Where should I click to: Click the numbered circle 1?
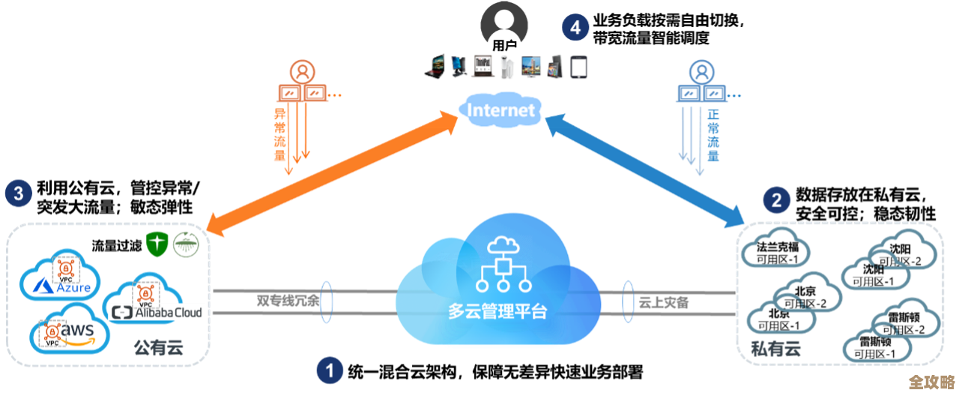pos(329,370)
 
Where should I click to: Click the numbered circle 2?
pos(776,199)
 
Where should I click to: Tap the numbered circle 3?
pos(18,194)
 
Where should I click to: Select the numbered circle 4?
pos(575,28)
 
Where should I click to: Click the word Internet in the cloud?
pos(501,111)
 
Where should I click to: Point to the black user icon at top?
pos(504,22)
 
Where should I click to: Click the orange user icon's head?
pos(303,71)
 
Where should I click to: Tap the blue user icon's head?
pos(701,71)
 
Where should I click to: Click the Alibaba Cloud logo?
pos(157,312)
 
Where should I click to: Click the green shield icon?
pos(156,244)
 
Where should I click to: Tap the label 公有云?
pos(158,347)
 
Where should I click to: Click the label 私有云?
pos(775,348)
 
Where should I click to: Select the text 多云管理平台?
pos(497,311)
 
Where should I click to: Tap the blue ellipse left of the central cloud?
pos(326,302)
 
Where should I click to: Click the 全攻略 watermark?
pos(931,382)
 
